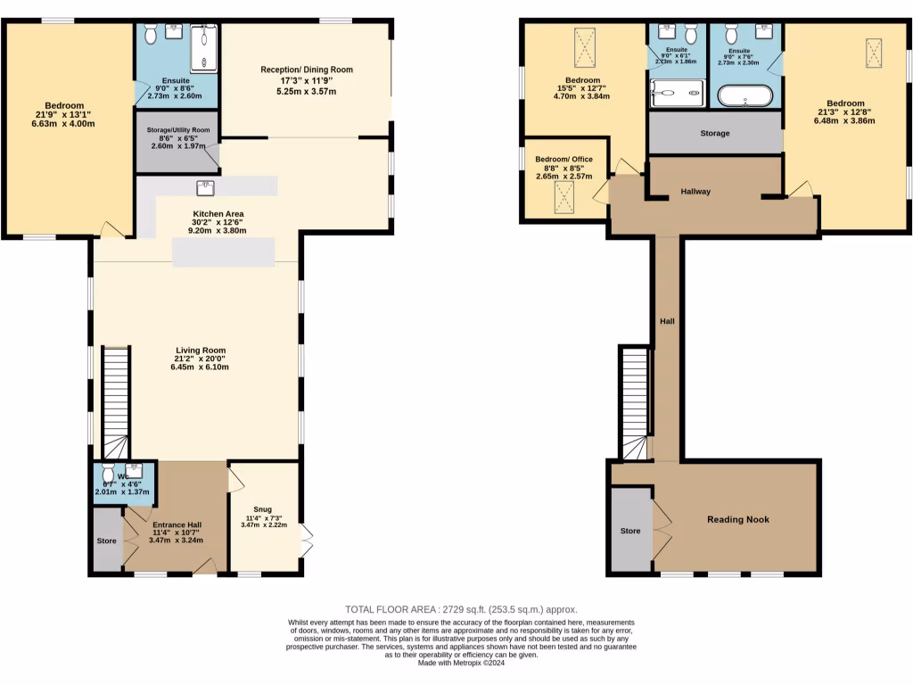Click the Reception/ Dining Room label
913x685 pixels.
307,70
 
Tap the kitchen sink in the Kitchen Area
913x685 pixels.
207,186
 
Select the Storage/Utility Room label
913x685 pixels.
178,130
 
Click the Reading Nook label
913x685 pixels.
737,519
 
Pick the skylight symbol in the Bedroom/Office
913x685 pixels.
563,195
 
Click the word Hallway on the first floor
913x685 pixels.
695,191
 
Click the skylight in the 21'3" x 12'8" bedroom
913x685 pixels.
874,51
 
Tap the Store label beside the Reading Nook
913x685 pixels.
630,531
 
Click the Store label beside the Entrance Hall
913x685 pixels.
107,541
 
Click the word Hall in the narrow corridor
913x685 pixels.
667,321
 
